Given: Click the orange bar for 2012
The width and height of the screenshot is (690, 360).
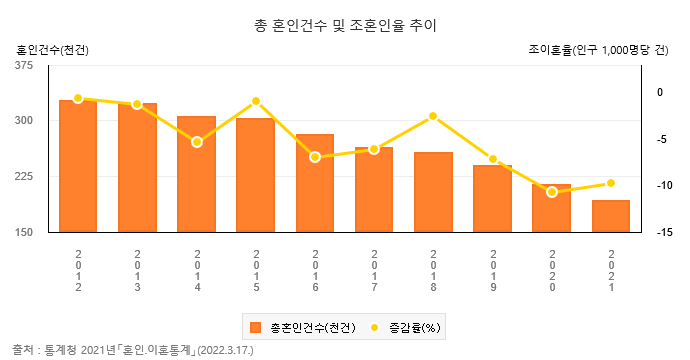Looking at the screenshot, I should click(78, 166).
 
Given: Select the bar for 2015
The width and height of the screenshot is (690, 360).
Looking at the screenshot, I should click(255, 175).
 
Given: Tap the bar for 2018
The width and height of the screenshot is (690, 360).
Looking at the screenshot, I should click(433, 192).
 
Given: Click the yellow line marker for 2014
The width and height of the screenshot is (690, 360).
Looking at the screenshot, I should click(197, 142).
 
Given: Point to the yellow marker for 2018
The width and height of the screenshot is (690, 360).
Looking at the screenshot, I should click(433, 116).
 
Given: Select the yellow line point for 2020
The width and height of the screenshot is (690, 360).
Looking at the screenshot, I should click(551, 191).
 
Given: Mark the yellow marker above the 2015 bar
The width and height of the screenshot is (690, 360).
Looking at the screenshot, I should click(256, 101).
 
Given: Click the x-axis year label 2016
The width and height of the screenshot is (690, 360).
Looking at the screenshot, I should click(315, 270).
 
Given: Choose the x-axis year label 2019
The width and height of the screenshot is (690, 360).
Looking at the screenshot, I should click(492, 270).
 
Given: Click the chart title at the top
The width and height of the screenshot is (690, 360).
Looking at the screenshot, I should click(345, 25).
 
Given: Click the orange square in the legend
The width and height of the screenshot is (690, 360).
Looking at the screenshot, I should click(256, 326).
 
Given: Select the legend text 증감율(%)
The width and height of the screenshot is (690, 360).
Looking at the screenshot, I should click(414, 326).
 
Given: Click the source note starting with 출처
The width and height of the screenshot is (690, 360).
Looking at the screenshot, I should click(133, 350).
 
